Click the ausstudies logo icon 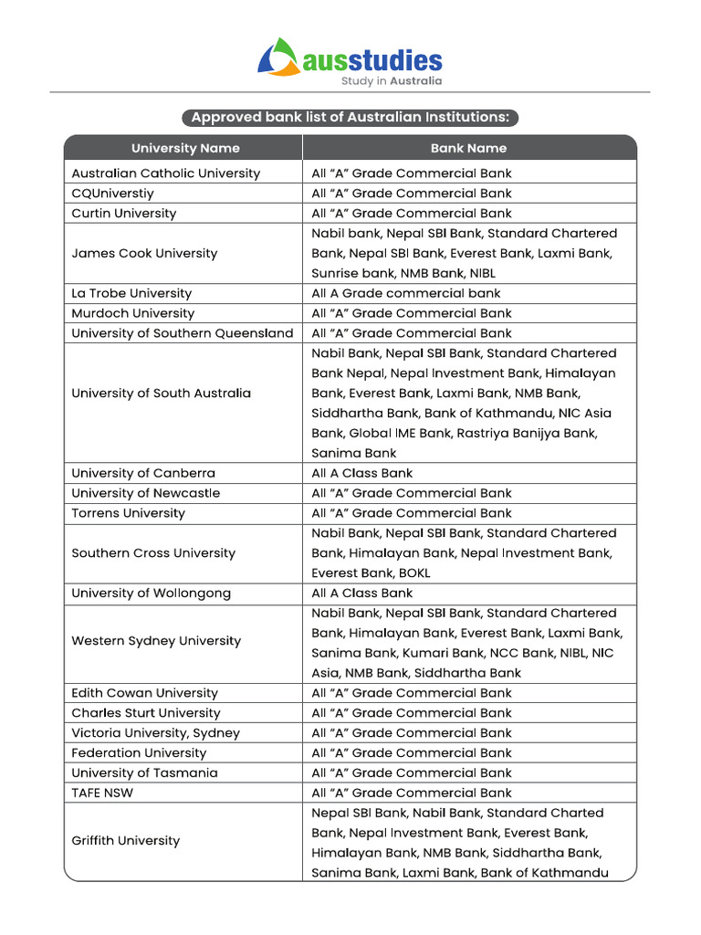point(278,57)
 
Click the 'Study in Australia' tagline point(392,80)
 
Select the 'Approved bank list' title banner point(350,118)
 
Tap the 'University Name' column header point(185,148)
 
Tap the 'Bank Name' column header point(468,148)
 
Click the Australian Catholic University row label point(165,173)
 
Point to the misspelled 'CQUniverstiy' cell point(113,194)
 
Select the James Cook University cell point(144,253)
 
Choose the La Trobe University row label point(131,293)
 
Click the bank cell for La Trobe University point(406,293)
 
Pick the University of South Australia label point(161,394)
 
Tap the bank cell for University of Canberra point(362,473)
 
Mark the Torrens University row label point(128,513)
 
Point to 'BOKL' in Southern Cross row point(412,573)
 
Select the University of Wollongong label point(151,594)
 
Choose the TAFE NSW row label point(102,793)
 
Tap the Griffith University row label point(125,841)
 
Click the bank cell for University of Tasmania point(412,773)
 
